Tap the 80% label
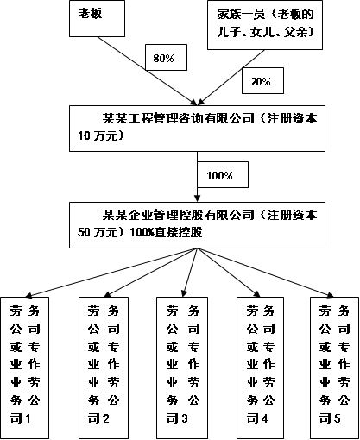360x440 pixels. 163,59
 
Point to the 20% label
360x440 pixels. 260,82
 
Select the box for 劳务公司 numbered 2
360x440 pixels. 105,365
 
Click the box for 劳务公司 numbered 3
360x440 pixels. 182,365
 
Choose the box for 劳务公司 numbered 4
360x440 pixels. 262,365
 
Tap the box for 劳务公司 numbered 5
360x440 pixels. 334,365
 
